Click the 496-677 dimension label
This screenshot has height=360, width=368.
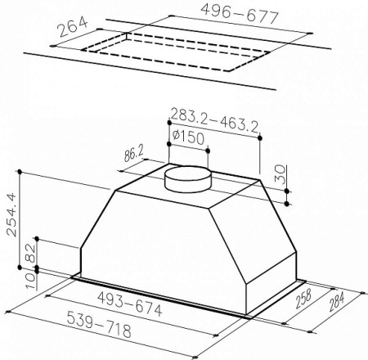pos(240,14)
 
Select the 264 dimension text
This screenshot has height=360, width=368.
pos(73,27)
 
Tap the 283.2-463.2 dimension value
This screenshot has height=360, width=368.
pos(214,120)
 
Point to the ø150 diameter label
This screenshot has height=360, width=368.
pos(188,137)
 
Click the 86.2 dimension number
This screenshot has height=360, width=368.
pos(134,154)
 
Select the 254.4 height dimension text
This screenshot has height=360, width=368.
pos(11,214)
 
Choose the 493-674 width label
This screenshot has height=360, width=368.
pos(130,304)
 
